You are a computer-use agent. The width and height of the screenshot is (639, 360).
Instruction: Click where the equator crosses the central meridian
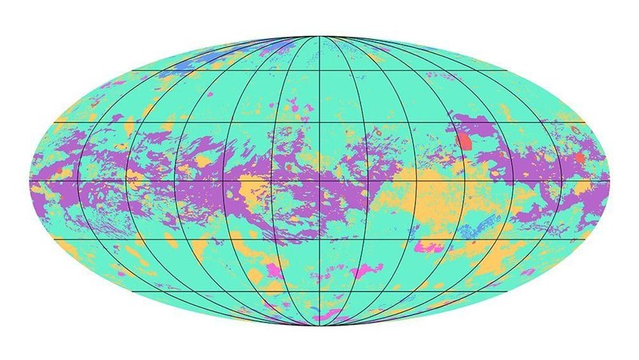pos(319,182)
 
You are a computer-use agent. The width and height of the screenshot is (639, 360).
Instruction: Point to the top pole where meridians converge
pos(319,36)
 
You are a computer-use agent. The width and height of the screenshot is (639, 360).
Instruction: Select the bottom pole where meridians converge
pos(319,328)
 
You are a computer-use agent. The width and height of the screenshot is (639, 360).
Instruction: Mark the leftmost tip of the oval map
pos(28,182)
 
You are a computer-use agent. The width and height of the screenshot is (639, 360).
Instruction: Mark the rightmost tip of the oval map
pos(611,182)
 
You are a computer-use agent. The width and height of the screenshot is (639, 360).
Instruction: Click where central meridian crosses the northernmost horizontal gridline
pos(319,72)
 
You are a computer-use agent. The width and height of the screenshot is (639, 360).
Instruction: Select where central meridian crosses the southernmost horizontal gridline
pos(319,292)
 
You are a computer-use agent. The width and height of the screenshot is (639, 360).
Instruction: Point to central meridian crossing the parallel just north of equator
pos(319,122)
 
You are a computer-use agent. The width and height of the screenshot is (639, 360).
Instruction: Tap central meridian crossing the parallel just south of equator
pos(319,240)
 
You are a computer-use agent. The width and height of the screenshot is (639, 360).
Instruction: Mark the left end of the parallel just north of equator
pos(54,122)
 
